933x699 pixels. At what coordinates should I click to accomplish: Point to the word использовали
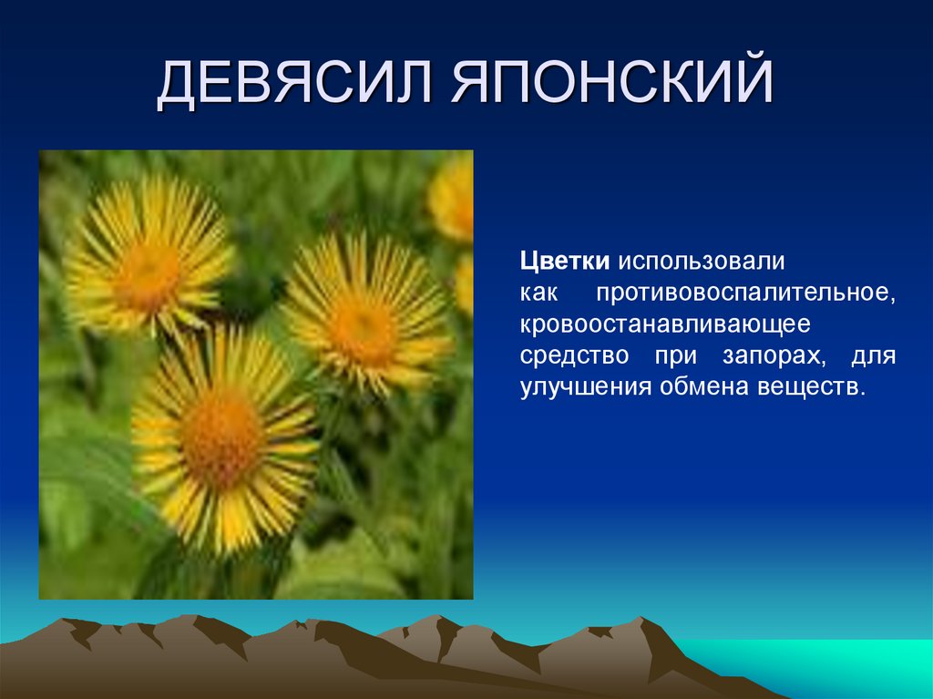tap(702, 262)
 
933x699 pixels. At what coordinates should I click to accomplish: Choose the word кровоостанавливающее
tap(665, 324)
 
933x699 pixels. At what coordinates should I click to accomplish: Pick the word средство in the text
tap(574, 355)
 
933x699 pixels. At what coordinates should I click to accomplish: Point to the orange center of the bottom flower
tap(221, 439)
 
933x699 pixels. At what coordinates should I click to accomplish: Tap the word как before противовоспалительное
tap(538, 293)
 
